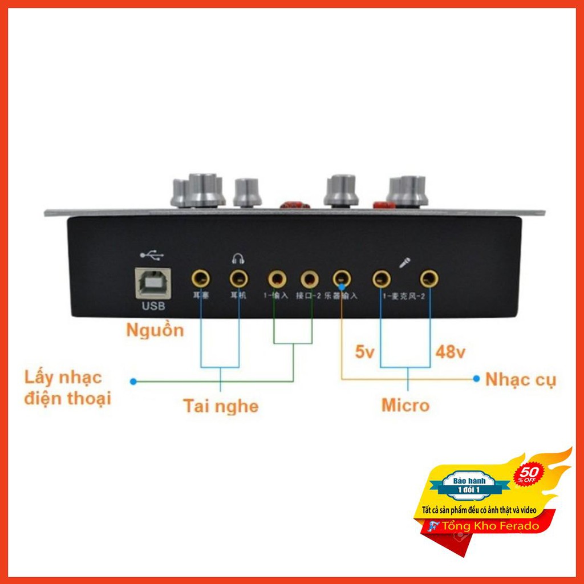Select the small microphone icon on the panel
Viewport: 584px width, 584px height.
coord(404,262)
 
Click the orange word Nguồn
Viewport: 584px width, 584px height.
coord(155,330)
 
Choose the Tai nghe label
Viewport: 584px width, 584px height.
coord(221,406)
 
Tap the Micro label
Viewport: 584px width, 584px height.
coord(405,405)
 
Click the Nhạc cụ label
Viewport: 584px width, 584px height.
coord(521,379)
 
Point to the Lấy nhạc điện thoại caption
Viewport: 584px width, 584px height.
coord(67,387)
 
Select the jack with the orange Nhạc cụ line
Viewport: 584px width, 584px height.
coord(341,279)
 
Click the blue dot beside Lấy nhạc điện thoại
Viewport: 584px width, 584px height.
coord(133,380)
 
